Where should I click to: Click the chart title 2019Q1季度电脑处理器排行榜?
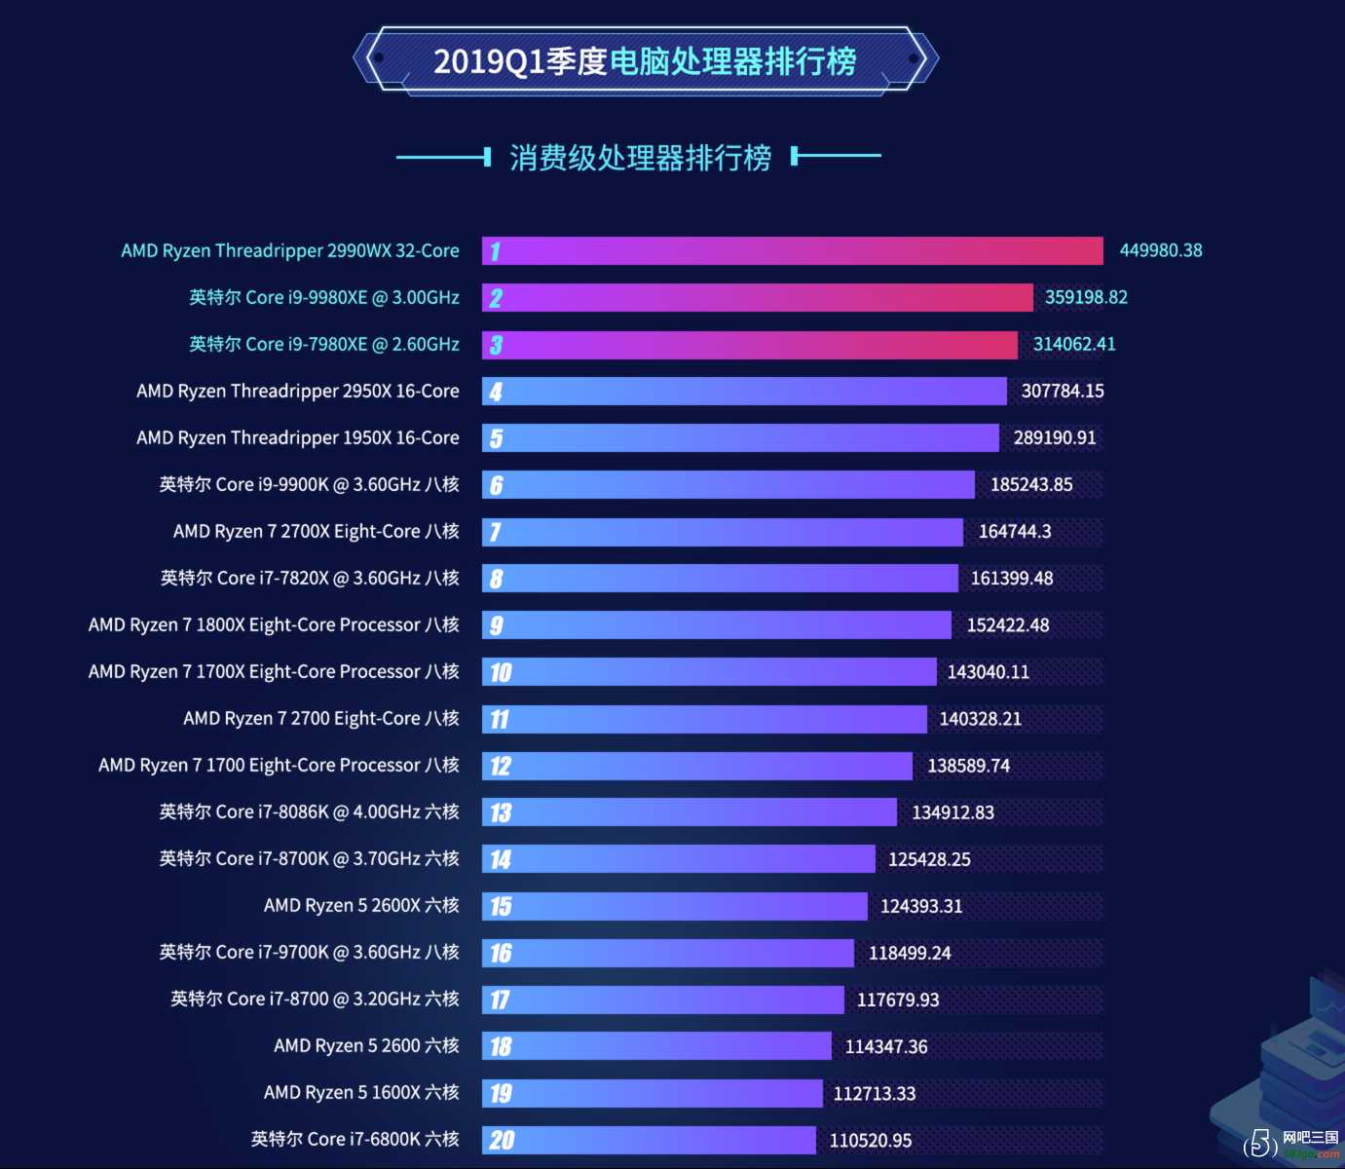(x=645, y=61)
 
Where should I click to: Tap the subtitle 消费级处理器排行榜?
(x=640, y=158)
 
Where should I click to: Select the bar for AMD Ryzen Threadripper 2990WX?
(x=792, y=250)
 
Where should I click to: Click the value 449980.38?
(x=1160, y=250)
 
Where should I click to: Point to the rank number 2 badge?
(x=497, y=298)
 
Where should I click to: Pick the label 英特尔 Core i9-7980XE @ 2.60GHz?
(x=324, y=345)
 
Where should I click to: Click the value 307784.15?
(x=1063, y=392)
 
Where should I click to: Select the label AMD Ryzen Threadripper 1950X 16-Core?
(x=298, y=437)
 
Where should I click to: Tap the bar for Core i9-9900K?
(x=728, y=484)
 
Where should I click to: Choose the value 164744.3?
(x=1014, y=531)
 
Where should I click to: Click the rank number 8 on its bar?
(x=497, y=579)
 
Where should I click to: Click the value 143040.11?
(x=988, y=672)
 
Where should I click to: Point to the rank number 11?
(x=500, y=719)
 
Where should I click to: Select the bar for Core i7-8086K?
(x=689, y=812)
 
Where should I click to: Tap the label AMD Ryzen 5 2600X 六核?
(x=361, y=905)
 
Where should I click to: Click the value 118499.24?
(x=910, y=953)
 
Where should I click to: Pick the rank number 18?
(x=501, y=1046)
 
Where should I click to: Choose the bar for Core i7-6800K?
(x=649, y=1140)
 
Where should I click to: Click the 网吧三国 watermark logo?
(x=1291, y=1144)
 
